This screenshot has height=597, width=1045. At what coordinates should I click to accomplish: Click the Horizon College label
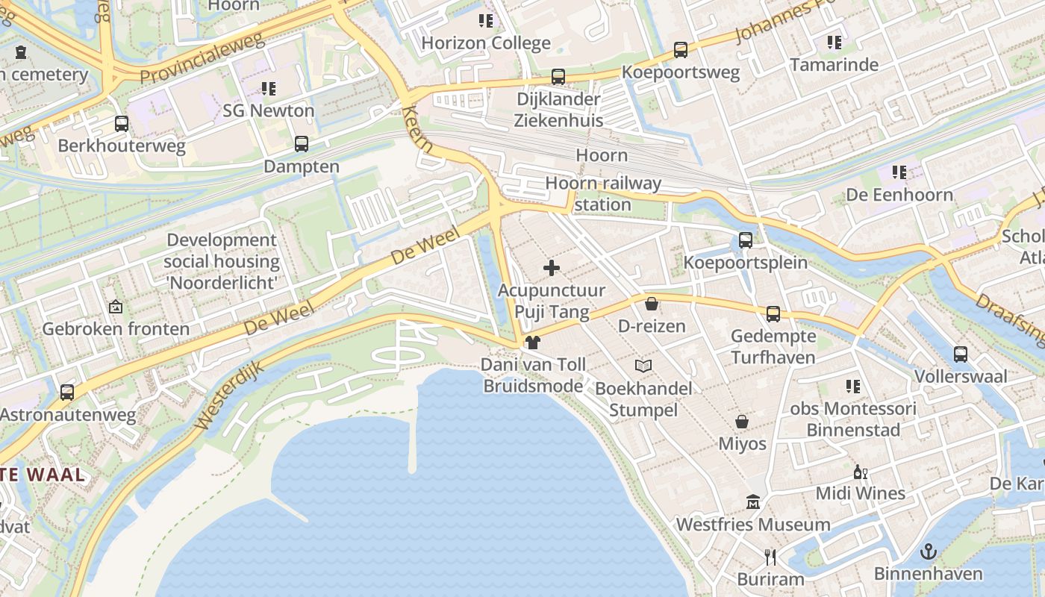486,43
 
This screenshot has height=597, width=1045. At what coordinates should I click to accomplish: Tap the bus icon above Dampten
302,144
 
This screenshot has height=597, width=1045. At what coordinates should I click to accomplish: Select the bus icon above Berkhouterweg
122,124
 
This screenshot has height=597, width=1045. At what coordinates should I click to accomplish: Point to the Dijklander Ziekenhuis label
558,109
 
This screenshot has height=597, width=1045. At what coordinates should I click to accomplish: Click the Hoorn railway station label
603,193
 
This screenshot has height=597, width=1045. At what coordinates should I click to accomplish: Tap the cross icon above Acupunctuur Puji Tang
552,268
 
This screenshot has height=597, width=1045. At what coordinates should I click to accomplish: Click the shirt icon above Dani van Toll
533,343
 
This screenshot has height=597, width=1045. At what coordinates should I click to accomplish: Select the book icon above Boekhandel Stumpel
643,366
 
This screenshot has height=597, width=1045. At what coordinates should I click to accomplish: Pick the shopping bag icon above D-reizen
652,304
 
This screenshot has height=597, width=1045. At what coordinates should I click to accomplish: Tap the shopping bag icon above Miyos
742,422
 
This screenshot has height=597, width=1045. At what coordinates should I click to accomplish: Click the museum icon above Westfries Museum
752,502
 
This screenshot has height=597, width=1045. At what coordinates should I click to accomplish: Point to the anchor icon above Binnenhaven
928,551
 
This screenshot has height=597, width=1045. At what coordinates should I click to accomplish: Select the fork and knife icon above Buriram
770,557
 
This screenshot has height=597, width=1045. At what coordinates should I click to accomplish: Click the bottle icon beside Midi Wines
860,472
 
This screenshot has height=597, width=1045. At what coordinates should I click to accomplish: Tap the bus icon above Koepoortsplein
745,240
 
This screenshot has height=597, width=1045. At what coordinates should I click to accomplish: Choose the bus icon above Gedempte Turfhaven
773,314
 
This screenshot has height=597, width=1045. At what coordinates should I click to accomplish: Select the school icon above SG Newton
269,89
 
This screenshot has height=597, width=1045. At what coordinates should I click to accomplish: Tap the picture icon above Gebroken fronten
116,307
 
